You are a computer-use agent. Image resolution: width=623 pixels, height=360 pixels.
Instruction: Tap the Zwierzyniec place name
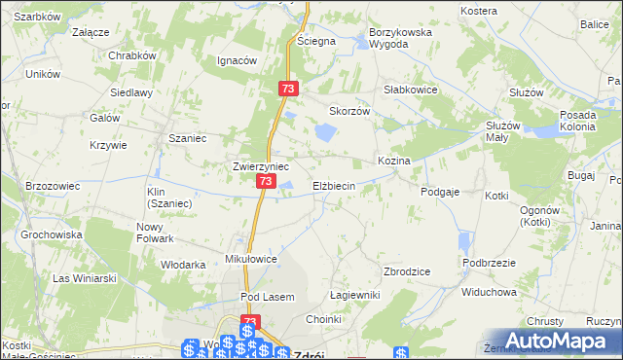pos(260,166)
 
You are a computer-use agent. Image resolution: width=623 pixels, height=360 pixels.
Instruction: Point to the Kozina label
pos(393,160)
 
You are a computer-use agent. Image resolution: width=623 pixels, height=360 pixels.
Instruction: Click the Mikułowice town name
pos(252,260)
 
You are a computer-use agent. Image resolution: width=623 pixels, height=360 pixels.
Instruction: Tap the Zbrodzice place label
pos(408,271)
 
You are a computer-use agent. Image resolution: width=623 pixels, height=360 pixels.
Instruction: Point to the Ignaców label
pos(237,60)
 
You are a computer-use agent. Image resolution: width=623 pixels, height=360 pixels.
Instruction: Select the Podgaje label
pos(440,193)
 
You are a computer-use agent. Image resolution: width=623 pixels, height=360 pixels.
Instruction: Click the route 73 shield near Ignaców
pos(287,88)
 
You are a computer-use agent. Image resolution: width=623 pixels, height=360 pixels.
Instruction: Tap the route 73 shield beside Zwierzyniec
pos(266,181)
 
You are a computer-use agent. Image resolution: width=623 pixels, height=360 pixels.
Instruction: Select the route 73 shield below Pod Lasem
pos(250,322)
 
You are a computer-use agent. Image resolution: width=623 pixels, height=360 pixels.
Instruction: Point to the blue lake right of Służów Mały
pos(548,128)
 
